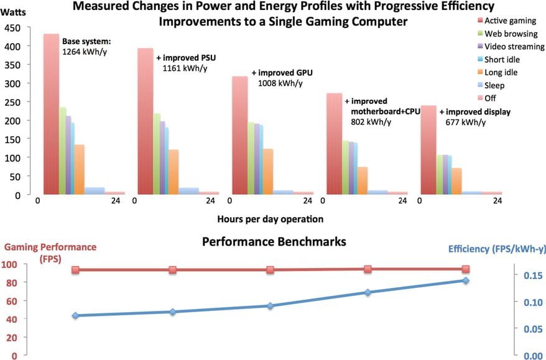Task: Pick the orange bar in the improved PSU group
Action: coord(174,172)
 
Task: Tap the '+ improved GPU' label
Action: coord(282,72)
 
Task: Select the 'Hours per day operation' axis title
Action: coord(271,219)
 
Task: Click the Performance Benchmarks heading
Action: coord(274,241)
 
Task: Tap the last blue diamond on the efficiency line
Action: coord(466,280)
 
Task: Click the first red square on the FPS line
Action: coord(75,270)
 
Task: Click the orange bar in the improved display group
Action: coord(456,181)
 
